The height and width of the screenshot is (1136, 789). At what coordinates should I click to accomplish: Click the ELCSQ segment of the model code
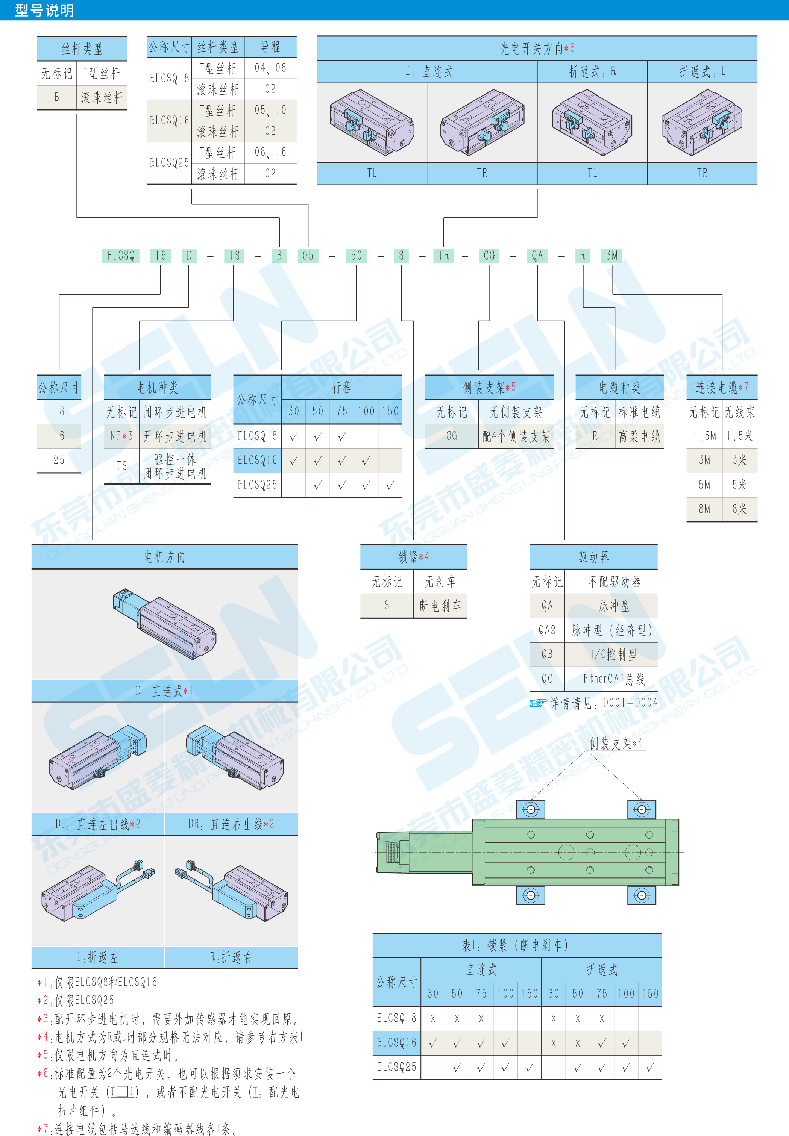121,256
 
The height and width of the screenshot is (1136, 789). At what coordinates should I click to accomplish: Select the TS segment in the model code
234,256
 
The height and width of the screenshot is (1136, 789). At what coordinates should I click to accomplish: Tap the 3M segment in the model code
612,256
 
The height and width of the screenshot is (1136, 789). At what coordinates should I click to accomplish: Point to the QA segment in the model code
537,256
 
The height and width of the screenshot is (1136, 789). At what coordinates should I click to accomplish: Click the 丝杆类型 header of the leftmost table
82,49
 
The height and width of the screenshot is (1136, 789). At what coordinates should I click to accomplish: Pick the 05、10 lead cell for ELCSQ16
270,110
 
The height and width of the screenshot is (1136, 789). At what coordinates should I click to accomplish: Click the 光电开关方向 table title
537,48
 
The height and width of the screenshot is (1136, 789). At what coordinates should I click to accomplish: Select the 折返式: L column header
702,72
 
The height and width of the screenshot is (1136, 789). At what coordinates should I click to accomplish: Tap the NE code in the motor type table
121,436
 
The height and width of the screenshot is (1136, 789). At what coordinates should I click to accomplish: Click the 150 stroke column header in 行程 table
390,411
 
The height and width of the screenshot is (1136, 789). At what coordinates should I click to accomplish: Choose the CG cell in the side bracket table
451,436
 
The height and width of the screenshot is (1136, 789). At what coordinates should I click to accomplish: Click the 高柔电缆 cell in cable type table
639,436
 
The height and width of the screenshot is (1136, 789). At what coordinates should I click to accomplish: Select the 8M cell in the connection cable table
704,509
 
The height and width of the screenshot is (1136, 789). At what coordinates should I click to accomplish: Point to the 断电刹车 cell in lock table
440,606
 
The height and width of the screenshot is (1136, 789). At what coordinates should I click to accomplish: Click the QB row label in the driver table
547,654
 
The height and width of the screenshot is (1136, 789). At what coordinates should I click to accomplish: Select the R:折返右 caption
231,957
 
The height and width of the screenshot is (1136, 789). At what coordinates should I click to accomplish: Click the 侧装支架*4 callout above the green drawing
616,743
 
